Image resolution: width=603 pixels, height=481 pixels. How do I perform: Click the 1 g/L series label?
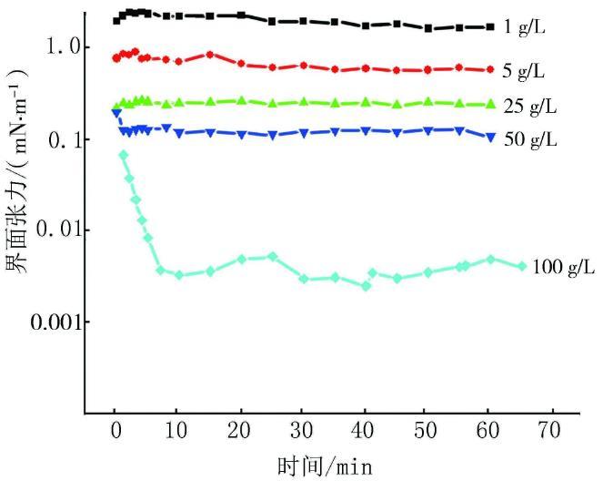point(524,28)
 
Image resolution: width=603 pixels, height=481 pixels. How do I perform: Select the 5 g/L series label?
point(524,70)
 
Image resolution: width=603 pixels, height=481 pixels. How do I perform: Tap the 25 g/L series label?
point(528,107)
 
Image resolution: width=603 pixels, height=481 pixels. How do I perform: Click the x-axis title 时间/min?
point(325,465)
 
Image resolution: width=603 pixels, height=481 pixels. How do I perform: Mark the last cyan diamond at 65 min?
point(522,266)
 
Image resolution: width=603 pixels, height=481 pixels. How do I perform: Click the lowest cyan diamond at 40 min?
point(367,286)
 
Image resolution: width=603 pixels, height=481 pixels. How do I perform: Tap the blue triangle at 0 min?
point(116,112)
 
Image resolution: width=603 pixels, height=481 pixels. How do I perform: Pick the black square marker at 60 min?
point(491,28)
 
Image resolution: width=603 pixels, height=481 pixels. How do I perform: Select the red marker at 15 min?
point(210,55)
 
